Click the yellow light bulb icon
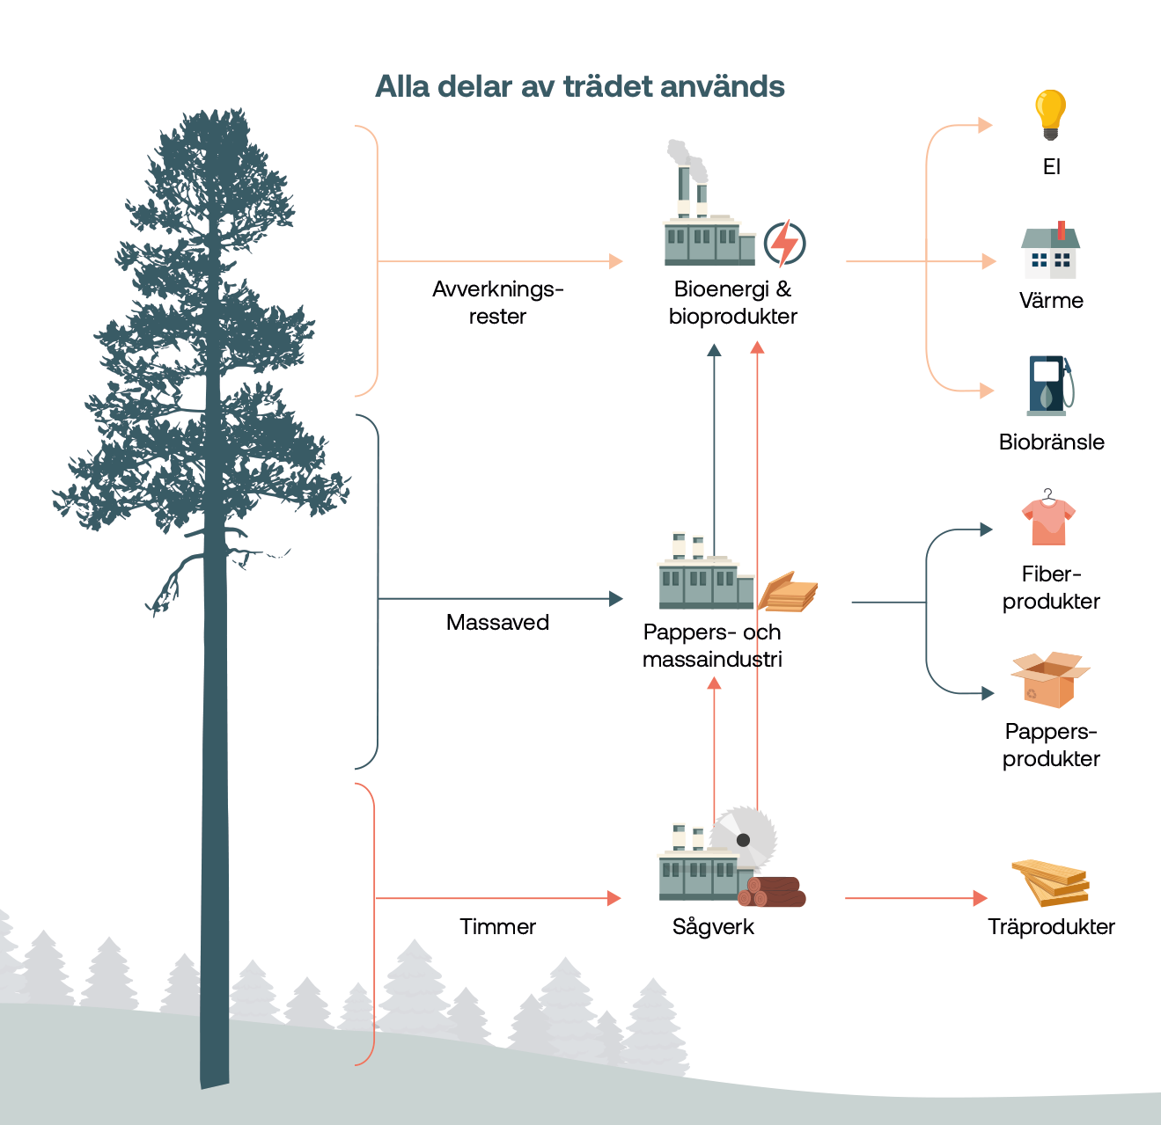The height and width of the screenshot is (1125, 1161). [x=1050, y=113]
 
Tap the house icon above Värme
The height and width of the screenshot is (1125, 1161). [x=1050, y=251]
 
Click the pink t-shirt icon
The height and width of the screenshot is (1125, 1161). [x=1048, y=521]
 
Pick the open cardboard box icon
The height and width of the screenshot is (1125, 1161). [x=1049, y=679]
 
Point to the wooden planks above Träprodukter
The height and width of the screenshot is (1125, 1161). [x=1051, y=882]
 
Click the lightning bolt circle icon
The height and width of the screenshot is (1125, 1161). [x=784, y=244]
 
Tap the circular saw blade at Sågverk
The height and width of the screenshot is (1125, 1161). [x=745, y=837]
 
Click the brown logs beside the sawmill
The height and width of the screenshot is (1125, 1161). [x=773, y=891]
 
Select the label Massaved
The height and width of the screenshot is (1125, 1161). [x=497, y=623]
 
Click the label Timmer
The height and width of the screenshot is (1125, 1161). [x=497, y=927]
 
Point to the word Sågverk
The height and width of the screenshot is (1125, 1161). [x=713, y=927]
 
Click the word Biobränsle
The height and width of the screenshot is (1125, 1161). [x=1051, y=442]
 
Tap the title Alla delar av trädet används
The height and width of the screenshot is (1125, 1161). [x=579, y=87]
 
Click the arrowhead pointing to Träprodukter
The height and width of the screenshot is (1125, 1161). [x=980, y=898]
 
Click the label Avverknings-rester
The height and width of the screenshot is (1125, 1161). [x=497, y=303]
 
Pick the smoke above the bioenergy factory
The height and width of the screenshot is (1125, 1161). [x=687, y=158]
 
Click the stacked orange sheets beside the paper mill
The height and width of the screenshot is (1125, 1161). [x=788, y=592]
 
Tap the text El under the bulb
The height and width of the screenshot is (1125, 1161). [x=1051, y=167]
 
